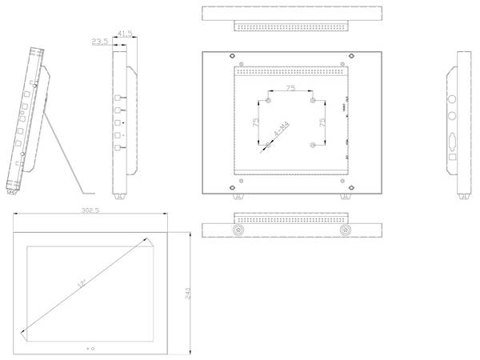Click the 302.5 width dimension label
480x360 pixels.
click(x=90, y=210)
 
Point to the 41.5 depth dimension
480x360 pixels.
click(x=125, y=33)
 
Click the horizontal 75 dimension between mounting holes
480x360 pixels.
click(x=289, y=88)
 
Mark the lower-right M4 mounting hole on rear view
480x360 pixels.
click(x=312, y=146)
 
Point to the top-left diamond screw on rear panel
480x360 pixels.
click(x=232, y=56)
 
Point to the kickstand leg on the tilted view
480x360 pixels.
click(x=68, y=156)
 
